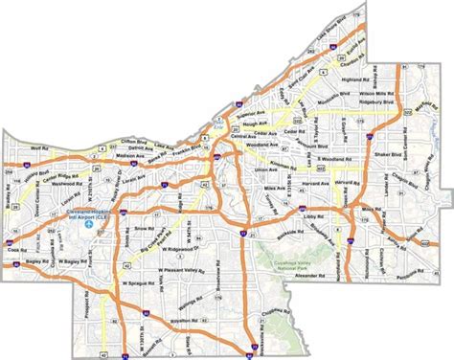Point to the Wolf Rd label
pos(38,149)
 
